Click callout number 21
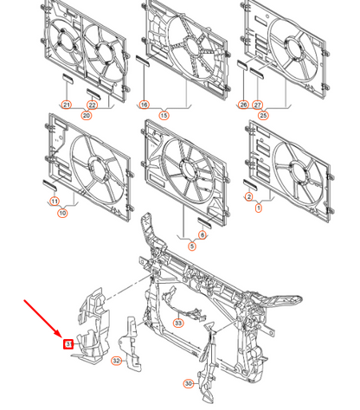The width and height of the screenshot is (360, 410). pyautogui.click(x=66, y=105)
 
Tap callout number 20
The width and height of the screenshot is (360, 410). pyautogui.click(x=87, y=115)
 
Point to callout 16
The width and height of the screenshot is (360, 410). pyautogui.click(x=144, y=105)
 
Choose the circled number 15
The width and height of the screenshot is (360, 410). pyautogui.click(x=163, y=114)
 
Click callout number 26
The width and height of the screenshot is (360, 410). pyautogui.click(x=244, y=105)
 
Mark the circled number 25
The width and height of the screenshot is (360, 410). pyautogui.click(x=263, y=114)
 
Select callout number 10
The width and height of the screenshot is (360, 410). pyautogui.click(x=62, y=212)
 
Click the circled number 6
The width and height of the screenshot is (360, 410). pyautogui.click(x=202, y=235)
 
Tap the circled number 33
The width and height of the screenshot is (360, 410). pyautogui.click(x=178, y=323)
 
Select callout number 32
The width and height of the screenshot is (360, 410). pyautogui.click(x=117, y=361)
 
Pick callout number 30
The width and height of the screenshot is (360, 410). pyautogui.click(x=189, y=383)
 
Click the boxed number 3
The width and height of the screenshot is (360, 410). pyautogui.click(x=68, y=344)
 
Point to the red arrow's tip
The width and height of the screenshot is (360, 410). pyautogui.click(x=61, y=338)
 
